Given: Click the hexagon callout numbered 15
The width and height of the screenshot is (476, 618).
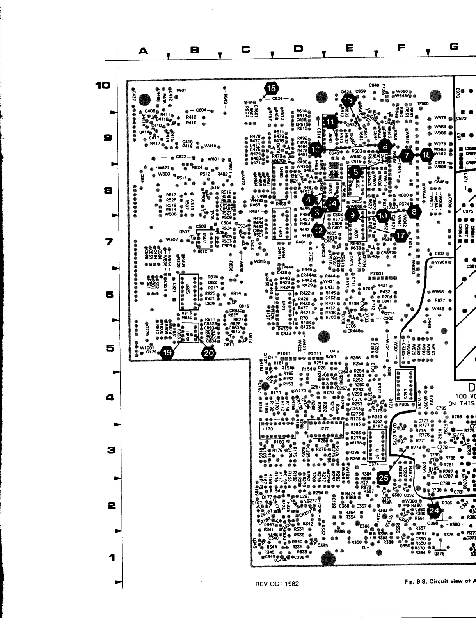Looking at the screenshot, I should pos(271,88).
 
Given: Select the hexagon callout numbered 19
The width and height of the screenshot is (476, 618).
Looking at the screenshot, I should pos(167,353).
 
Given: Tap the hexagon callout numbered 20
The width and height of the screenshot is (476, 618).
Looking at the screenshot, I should pos(208,353).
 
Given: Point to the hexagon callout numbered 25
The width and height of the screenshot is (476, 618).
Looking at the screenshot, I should pos(384,477).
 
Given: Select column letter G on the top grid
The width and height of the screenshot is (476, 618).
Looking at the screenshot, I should pos(453,47).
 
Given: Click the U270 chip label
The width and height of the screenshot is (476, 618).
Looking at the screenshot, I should pos(324,428).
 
